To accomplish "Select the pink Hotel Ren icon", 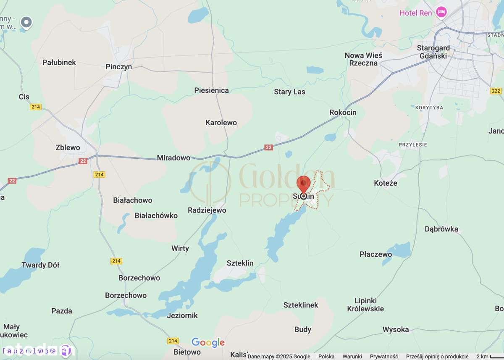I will tap(441, 13).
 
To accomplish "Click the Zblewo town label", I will tap(68, 147).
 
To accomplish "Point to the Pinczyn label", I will tap(119, 67).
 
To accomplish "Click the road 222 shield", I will tap(496, 91).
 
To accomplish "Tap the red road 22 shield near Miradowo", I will tap(269, 147).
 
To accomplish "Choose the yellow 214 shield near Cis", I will tap(36, 107).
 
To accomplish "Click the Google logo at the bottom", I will tap(208, 343).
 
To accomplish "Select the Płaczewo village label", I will tap(375, 254).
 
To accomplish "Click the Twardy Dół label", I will tap(40, 265).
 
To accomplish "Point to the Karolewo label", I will tap(221, 123).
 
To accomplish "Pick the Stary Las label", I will tap(289, 92).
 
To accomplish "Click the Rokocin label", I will tap(343, 112).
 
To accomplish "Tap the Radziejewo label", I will tap(207, 210).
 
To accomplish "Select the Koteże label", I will tap(385, 183).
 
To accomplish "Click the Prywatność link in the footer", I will tap(384, 356).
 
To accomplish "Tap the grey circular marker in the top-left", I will tap(26, 22).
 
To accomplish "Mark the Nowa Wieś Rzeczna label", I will tap(363, 59).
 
